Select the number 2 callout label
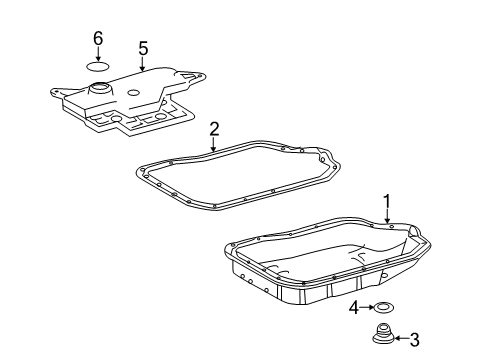coord(214,128)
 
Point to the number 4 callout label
coord(354,308)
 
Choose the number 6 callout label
coord(98,38)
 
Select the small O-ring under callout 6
coord(98,68)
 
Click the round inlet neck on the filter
coord(99,91)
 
